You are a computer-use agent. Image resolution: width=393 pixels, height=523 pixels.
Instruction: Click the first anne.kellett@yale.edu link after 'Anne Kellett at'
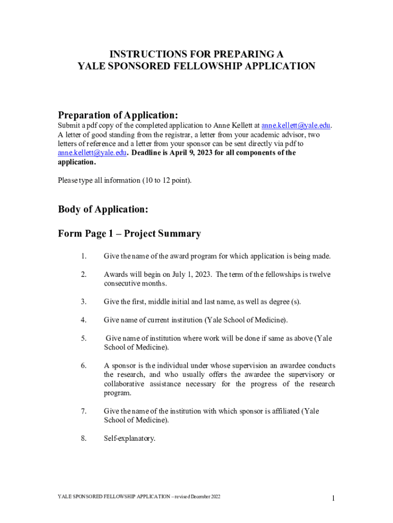(296, 126)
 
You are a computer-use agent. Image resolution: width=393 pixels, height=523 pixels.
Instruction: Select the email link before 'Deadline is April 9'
(92, 153)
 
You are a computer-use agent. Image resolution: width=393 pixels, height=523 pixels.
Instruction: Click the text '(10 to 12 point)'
(166, 180)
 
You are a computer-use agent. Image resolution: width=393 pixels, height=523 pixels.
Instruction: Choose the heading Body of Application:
(103, 209)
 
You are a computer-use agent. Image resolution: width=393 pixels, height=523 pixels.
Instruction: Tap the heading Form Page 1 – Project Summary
(129, 234)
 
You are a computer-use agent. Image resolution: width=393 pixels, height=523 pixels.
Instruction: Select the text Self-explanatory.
(130, 438)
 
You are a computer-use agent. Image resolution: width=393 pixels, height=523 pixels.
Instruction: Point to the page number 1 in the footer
(332, 498)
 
